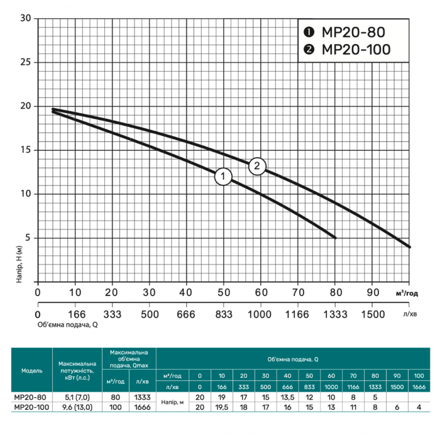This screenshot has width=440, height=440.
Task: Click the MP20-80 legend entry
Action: pos(344,32)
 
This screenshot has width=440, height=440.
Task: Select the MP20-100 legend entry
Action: pos(347,50)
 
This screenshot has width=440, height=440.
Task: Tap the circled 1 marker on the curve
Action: pos(223,177)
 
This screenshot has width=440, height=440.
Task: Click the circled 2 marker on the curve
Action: pos(257,166)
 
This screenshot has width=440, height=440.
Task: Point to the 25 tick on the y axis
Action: pos(25,62)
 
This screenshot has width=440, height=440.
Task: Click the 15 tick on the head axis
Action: pos(25,150)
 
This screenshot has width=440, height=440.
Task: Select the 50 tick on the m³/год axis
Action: pos(224,292)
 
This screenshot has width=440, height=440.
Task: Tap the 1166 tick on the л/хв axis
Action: pos(297,314)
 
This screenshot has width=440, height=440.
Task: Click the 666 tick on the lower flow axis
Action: pos(186,314)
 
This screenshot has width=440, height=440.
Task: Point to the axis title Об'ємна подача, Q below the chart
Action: pos(68,325)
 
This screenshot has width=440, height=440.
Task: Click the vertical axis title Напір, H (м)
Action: pos(19,264)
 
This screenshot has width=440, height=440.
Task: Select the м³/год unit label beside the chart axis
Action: pos(407,294)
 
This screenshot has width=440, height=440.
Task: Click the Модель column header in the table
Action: pos(31,371)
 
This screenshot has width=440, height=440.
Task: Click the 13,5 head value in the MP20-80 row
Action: pos(287,397)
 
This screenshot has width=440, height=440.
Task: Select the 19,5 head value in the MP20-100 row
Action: pos(222,407)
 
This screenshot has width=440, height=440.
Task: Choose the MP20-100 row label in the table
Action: pos(31,407)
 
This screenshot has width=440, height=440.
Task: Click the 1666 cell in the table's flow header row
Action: pos(419,387)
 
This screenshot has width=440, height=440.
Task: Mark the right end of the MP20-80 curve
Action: pos(335,238)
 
